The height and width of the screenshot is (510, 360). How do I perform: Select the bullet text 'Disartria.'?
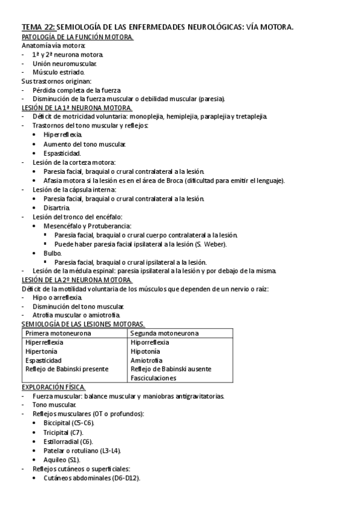point(58,207)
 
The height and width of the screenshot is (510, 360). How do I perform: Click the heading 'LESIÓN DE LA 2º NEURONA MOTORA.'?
point(76,280)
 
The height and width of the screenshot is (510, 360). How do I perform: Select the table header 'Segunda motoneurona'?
point(165,333)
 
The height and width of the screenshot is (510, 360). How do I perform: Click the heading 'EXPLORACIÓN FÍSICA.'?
point(53,387)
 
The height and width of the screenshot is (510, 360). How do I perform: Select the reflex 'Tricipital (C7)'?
point(64,432)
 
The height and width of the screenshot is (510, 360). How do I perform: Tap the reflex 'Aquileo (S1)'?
point(61,459)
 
